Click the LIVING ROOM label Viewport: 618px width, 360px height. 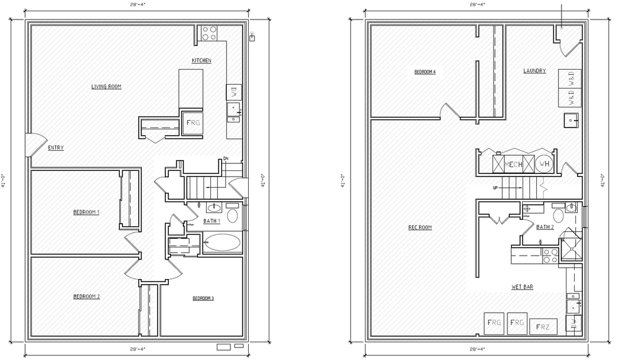pyautogui.click(x=106, y=86)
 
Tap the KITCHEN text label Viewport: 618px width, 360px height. pyautogui.click(x=201, y=60)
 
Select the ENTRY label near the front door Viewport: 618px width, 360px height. pyautogui.click(x=55, y=148)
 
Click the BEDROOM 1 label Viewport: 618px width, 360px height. pyautogui.click(x=86, y=212)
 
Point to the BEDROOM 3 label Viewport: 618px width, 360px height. pyautogui.click(x=203, y=298)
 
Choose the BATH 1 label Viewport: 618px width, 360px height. pyautogui.click(x=212, y=221)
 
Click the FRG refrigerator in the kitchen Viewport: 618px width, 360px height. pyautogui.click(x=192, y=123)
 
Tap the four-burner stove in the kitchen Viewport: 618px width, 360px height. pyautogui.click(x=209, y=33)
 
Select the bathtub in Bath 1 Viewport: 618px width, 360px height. pyautogui.click(x=222, y=243)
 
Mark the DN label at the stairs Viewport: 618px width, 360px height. pyautogui.click(x=225, y=158)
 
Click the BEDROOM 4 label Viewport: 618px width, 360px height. pyautogui.click(x=425, y=72)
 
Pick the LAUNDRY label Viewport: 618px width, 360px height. pyautogui.click(x=534, y=71)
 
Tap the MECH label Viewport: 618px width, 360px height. pyautogui.click(x=514, y=164)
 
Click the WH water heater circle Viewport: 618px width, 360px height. pyautogui.click(x=543, y=164)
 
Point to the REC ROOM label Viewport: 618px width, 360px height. pyautogui.click(x=420, y=227)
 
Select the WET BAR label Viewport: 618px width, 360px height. pyautogui.click(x=522, y=286)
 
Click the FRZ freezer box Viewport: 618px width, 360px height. pyautogui.click(x=543, y=327)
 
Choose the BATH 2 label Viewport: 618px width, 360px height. pyautogui.click(x=545, y=227)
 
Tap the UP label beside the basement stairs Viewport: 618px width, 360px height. pyautogui.click(x=495, y=187)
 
